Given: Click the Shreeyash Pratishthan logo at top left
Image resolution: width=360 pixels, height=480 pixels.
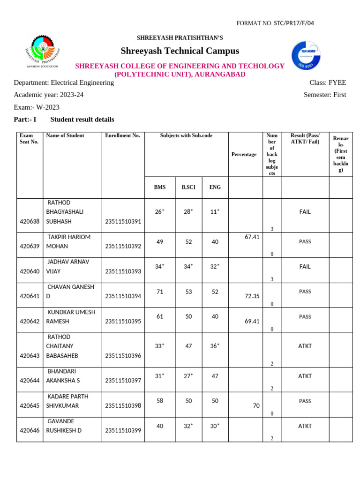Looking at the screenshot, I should pos(43,52).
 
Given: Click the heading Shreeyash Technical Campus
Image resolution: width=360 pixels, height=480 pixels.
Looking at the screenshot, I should pos(180,51).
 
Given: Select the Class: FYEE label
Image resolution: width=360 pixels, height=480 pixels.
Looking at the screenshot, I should pos(328,82).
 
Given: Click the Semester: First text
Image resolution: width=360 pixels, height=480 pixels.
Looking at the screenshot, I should pos(325,95).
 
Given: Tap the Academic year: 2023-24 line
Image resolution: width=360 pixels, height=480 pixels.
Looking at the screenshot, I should pos(49,95).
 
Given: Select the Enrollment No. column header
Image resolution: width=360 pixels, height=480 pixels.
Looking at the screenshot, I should pos(122,135).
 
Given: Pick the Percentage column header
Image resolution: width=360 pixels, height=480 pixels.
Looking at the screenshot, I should pos(244,154).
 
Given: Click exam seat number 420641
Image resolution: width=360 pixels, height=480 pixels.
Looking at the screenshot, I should pos(29,296).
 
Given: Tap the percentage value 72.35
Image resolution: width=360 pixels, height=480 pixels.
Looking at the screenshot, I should pos(252,296).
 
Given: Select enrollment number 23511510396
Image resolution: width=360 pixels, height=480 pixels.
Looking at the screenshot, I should pos(123,356).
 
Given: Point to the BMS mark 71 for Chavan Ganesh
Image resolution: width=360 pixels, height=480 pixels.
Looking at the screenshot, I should pos(160,292).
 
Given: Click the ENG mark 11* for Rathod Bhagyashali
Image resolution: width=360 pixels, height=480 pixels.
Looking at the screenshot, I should pos(215,212).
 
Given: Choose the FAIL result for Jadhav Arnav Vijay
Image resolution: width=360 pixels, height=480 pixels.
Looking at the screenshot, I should pos(305,266).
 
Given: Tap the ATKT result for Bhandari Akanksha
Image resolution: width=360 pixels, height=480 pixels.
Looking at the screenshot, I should pos(305,376).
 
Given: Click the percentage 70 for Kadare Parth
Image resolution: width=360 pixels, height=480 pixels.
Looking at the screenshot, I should pos(256,405).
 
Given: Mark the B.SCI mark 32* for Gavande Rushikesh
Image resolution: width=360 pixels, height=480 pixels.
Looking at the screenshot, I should pos(188,426).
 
